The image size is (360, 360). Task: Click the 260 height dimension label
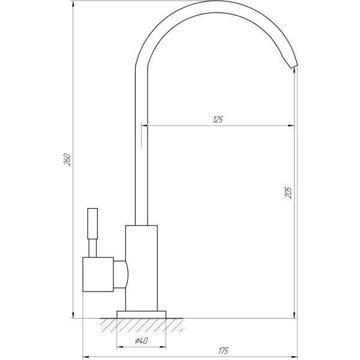(67, 160)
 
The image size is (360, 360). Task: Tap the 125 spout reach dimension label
(218, 119)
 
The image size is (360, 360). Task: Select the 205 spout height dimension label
(288, 193)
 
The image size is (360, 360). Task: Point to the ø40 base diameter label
(141, 341)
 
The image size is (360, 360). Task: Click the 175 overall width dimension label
(223, 350)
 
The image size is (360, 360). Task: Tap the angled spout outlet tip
(293, 65)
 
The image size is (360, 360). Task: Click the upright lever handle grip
(92, 224)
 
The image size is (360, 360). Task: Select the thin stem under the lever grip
(92, 248)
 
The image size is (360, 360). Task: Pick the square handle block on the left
(98, 274)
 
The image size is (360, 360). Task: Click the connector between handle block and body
(120, 274)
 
